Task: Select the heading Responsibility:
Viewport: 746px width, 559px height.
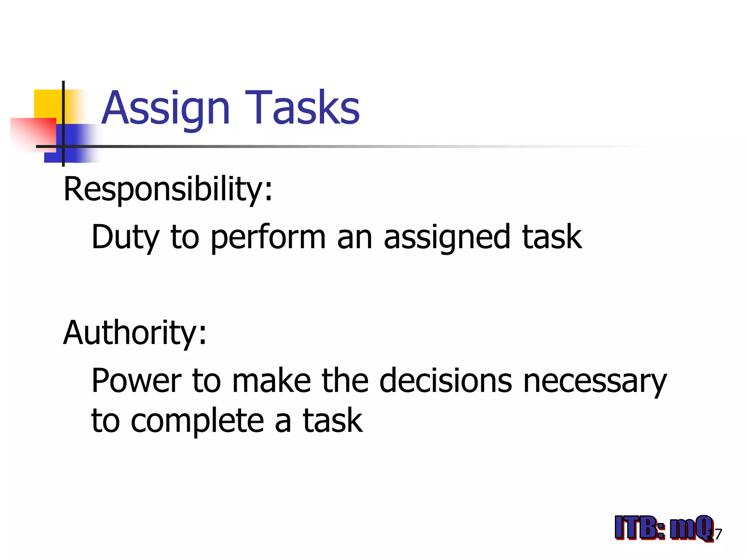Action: (168, 189)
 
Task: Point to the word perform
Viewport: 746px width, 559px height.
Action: (268, 237)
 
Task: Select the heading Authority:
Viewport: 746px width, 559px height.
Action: (135, 333)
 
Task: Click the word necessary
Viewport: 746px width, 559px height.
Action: (595, 381)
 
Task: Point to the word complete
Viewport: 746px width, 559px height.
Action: (197, 421)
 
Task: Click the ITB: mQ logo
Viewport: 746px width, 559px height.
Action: (663, 528)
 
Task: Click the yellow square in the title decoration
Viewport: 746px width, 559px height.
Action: (48, 103)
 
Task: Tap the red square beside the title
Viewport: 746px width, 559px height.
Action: (33, 133)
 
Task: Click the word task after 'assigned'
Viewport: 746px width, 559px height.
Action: (552, 237)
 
